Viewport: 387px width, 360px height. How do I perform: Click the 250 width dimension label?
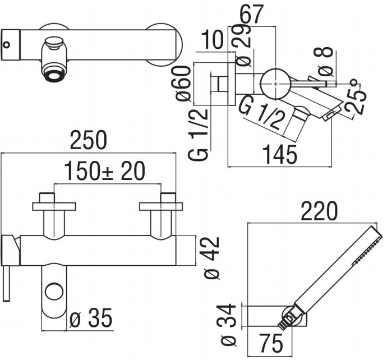pyautogui.click(x=89, y=140)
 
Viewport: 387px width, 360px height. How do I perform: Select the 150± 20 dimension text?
pyautogui.click(x=104, y=171)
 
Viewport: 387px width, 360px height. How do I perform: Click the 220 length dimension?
pyautogui.click(x=319, y=211)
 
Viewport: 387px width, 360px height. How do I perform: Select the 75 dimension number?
pyautogui.click(x=271, y=343)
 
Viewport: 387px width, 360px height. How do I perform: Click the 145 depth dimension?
pyautogui.click(x=280, y=155)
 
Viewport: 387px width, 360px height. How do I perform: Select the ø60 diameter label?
pyautogui.click(x=183, y=84)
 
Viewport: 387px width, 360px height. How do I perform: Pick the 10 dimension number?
pyautogui.click(x=213, y=40)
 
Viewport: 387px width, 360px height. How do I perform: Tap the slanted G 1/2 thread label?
pyautogui.click(x=260, y=113)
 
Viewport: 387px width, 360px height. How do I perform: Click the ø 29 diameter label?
pyautogui.click(x=243, y=45)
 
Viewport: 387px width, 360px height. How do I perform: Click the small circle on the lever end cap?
pyautogui.click(x=7, y=45)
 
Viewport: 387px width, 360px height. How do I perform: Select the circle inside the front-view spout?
pyautogui.click(x=54, y=291)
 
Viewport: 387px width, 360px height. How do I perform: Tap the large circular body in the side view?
pyautogui.click(x=275, y=84)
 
